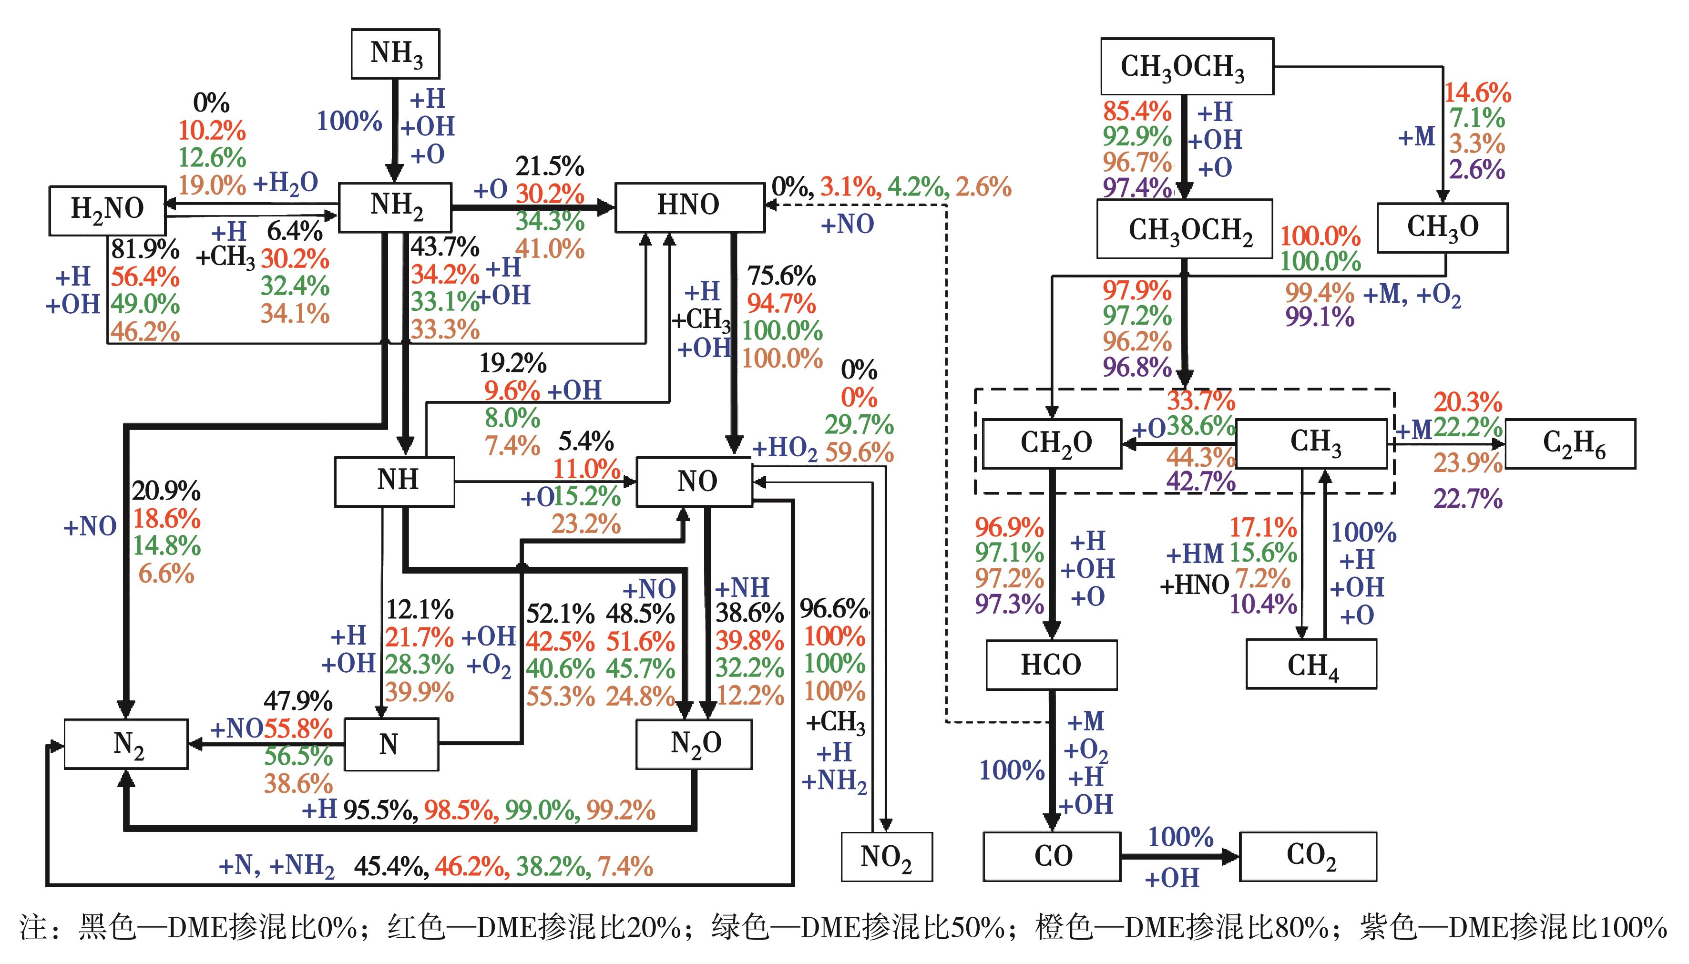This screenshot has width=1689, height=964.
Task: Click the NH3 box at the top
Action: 395,53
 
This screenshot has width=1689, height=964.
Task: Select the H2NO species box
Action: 107,210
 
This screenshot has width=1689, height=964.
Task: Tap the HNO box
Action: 689,206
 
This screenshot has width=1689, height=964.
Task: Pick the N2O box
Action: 694,744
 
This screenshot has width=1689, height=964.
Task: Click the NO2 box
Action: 886,857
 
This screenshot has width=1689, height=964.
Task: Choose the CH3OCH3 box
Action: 1186,67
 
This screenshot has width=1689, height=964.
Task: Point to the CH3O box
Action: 1442,228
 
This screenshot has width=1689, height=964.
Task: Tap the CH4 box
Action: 1311,664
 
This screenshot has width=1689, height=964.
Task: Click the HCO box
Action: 1051,664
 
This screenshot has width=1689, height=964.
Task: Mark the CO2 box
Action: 1308,856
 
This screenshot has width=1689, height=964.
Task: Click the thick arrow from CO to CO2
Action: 1178,857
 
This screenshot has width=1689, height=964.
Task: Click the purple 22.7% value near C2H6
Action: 1468,499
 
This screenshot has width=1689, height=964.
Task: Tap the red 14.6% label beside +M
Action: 1477,92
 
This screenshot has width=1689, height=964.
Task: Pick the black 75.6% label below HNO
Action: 781,276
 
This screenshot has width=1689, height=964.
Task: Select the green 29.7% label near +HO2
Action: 859,424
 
